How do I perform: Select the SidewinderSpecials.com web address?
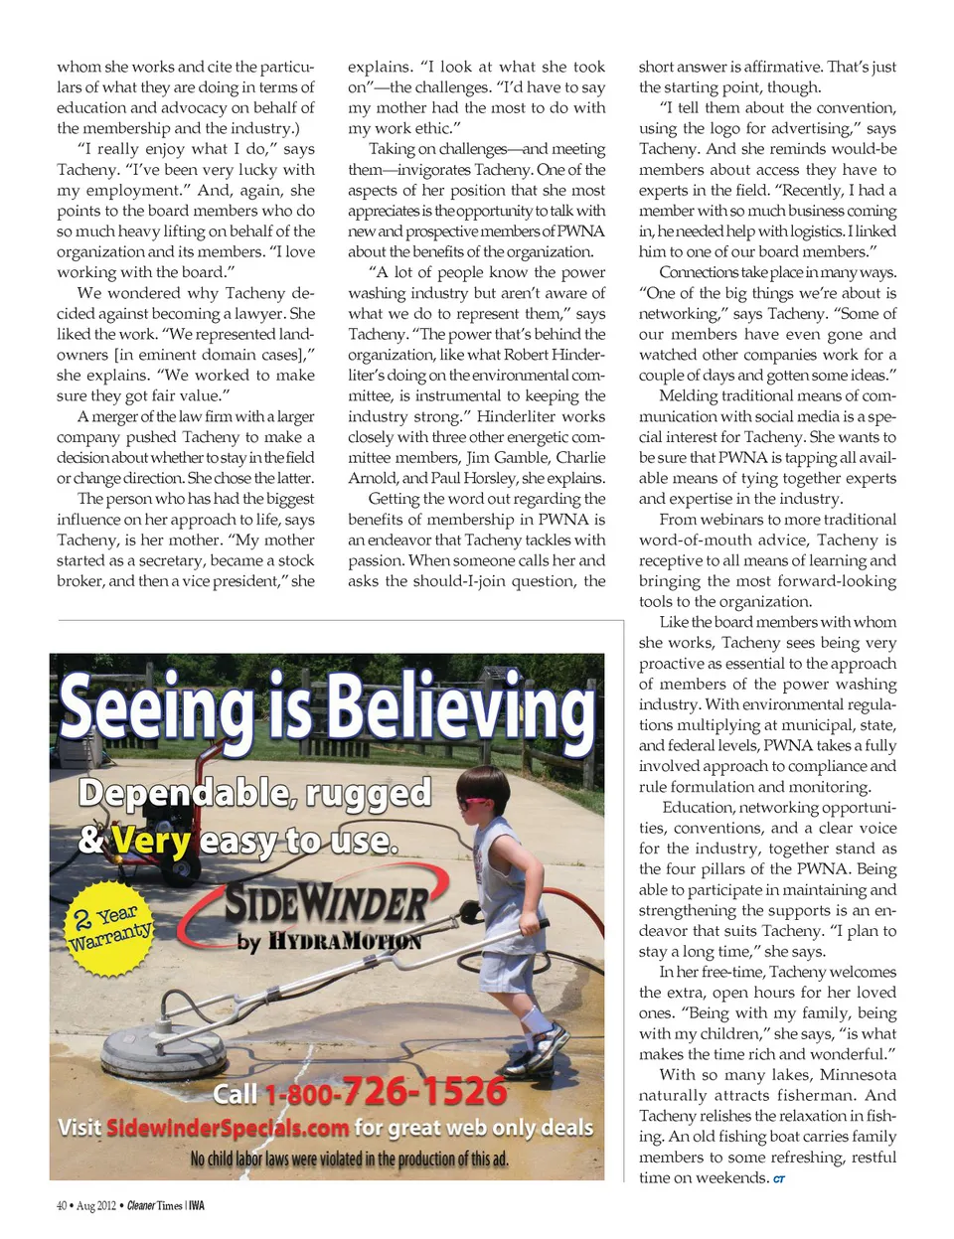tap(228, 1129)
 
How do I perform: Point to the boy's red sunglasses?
tap(472, 802)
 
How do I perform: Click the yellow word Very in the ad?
tap(151, 843)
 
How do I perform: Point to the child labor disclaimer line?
tap(349, 1160)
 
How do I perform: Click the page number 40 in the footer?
tap(62, 1206)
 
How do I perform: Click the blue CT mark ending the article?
tap(779, 1179)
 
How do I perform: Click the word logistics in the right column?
tap(811, 232)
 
